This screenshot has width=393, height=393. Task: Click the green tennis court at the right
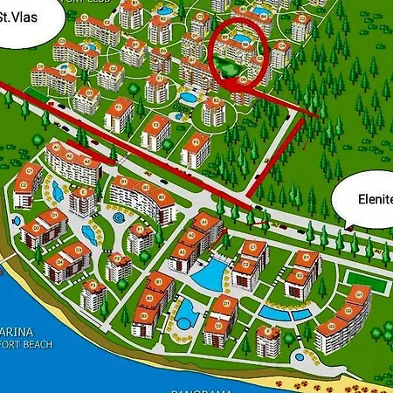[x=360, y=279]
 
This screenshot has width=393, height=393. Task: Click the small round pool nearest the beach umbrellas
[x=300, y=357]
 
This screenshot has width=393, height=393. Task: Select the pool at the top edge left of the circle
[x=164, y=10]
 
